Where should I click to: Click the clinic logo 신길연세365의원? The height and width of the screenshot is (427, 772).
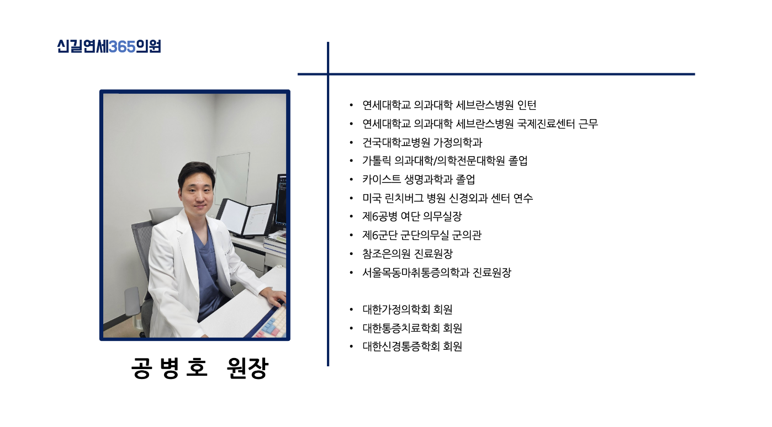point(109,46)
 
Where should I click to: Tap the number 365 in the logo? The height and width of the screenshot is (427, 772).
point(122,46)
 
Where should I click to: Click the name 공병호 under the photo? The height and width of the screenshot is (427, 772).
point(169,368)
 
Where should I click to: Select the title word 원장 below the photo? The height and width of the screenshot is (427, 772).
point(247,368)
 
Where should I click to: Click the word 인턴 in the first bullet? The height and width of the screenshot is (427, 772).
point(527,105)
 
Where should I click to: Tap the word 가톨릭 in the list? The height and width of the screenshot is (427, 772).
point(377,161)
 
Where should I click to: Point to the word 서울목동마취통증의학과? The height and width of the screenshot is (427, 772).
point(416,273)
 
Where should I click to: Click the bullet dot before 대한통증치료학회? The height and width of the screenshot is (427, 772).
point(351,328)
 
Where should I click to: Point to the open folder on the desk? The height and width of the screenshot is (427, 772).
point(245,217)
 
